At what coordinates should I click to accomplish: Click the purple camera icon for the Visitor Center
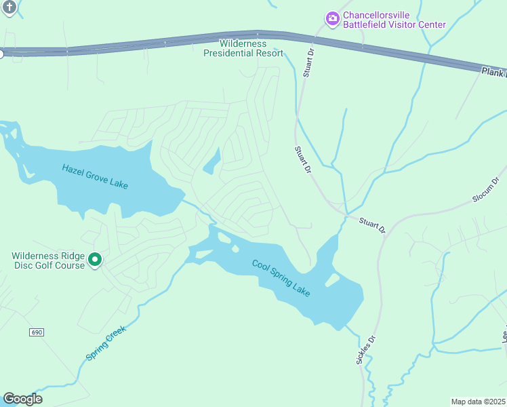[x=332, y=19]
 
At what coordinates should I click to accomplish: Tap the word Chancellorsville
[x=377, y=15]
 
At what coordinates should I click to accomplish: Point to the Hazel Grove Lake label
[x=94, y=177]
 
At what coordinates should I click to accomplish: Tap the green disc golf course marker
[x=96, y=260]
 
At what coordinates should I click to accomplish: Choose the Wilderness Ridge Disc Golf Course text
[x=47, y=260]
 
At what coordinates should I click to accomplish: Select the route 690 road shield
[x=37, y=332]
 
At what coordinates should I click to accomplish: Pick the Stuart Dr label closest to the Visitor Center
[x=308, y=61]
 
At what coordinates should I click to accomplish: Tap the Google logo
[x=22, y=399]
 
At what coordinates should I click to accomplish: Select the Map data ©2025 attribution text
[x=478, y=401]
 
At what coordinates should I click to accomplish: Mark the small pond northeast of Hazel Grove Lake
[x=212, y=161]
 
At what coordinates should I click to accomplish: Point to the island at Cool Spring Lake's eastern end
[x=332, y=279]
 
